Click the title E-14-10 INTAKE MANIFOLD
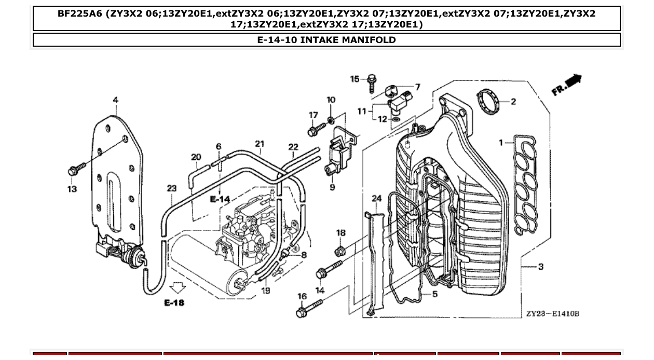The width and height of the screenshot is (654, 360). tap(326, 40)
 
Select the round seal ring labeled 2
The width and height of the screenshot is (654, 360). tap(487, 101)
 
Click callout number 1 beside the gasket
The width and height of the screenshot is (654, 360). tap(501, 142)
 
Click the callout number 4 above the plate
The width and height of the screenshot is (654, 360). tap(115, 100)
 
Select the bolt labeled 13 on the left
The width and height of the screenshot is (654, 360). tap(76, 170)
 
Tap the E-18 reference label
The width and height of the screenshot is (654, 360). tap(174, 302)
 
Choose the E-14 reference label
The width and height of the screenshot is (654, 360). tap(220, 199)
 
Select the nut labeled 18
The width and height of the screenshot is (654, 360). tap(340, 252)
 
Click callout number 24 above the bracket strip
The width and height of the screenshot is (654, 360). tap(377, 198)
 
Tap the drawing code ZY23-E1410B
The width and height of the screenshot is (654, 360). tap(552, 314)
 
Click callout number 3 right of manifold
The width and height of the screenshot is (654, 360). tap(541, 267)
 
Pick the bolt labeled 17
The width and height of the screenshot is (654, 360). tap(315, 131)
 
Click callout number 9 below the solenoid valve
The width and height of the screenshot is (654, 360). tap(332, 187)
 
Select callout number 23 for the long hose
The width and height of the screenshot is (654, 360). tap(172, 188)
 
